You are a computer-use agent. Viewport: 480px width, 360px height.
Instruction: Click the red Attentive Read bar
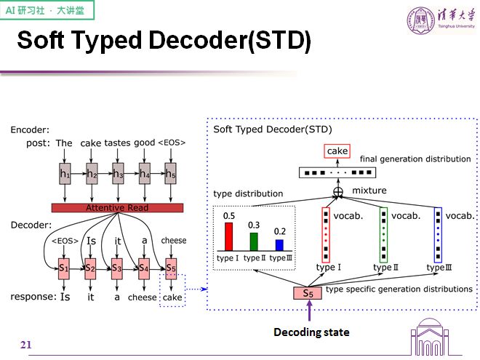(x=117, y=208)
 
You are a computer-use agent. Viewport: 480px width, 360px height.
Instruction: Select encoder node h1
(x=65, y=174)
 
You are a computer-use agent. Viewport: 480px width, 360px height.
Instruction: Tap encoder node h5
(x=170, y=174)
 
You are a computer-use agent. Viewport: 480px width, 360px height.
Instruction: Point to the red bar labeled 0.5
(x=229, y=236)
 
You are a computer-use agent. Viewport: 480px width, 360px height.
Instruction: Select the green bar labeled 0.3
(x=254, y=241)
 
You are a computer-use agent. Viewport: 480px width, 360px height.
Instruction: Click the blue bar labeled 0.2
(x=279, y=244)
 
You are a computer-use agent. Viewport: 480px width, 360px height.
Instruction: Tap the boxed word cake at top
(x=337, y=151)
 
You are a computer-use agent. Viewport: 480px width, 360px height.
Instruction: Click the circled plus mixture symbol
(x=337, y=191)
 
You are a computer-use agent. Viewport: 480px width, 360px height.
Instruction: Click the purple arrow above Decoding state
(x=310, y=312)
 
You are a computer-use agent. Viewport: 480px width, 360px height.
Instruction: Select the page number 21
(x=26, y=344)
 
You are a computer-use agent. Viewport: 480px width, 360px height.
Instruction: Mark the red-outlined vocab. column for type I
(x=325, y=234)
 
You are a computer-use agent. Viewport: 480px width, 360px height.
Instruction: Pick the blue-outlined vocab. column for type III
(x=438, y=234)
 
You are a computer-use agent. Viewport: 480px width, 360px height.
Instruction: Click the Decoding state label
(x=311, y=332)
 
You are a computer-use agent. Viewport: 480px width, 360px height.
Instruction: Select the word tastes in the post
(x=117, y=143)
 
